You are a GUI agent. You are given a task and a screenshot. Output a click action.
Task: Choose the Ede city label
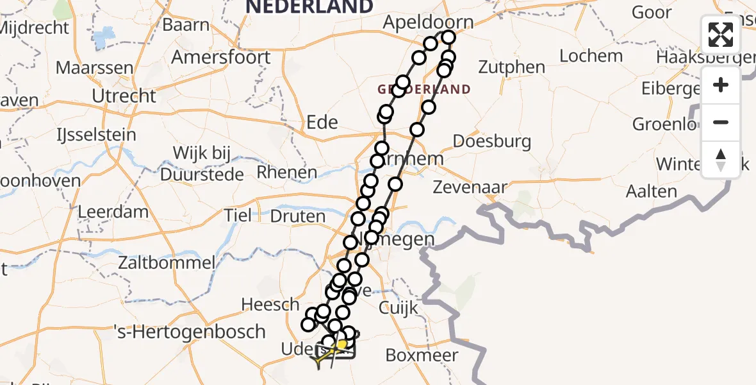point(322,123)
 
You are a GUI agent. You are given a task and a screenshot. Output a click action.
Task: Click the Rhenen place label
point(286,173)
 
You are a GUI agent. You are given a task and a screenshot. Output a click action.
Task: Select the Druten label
point(297,216)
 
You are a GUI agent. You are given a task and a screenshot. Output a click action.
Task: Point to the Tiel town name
point(238,216)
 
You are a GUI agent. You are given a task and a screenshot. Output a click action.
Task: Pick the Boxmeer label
point(422,355)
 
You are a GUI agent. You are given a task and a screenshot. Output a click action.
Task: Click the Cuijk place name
point(399,308)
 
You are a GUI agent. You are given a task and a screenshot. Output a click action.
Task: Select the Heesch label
point(271,304)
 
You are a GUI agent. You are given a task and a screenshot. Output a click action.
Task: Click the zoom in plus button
point(721,85)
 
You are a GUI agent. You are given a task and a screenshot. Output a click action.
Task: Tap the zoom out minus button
point(721,122)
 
